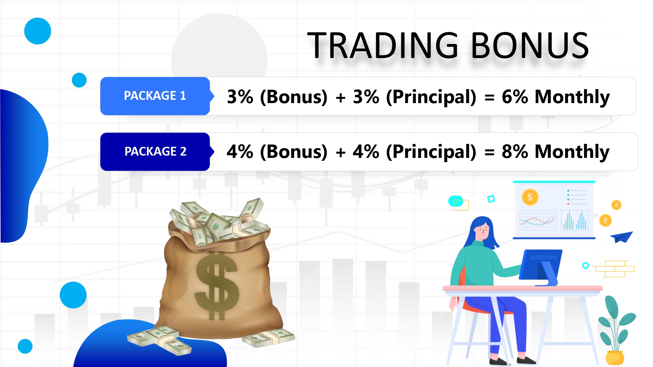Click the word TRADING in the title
coord(383,45)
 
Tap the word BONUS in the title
coord(530,45)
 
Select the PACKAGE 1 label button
coord(155,96)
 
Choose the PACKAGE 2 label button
coord(155,152)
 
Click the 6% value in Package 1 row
coord(515,97)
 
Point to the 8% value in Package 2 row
coord(515,152)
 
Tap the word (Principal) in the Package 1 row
coord(431,97)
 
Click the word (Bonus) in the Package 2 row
coord(294,152)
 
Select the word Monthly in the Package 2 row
coord(572,152)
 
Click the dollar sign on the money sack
coord(216,286)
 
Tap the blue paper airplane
coord(621,237)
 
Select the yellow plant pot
coord(615,358)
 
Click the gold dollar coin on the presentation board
coord(530,197)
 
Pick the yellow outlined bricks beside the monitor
coord(614,269)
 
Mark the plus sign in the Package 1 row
coord(341,98)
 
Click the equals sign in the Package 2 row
coord(489,152)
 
